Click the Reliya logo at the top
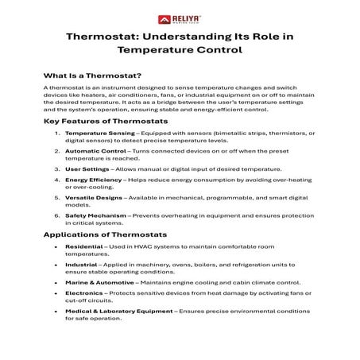180,16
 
